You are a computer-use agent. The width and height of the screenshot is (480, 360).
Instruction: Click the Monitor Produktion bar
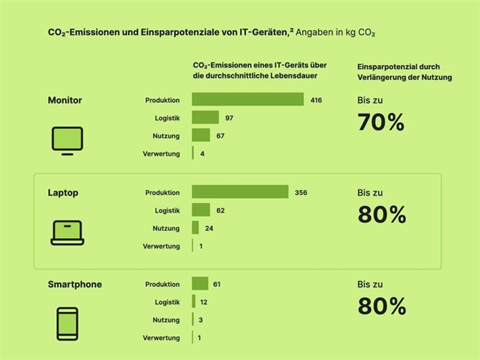coord(247,100)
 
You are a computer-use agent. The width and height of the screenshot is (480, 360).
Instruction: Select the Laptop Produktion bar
coord(240,193)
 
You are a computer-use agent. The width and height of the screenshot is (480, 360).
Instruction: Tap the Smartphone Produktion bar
coord(200,284)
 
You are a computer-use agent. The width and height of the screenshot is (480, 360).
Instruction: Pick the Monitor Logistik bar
coord(206,118)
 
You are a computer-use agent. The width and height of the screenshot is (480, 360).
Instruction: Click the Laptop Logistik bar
coord(201,210)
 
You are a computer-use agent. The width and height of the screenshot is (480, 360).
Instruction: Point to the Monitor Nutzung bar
coord(201,136)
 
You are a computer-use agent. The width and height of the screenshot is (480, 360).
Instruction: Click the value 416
coord(316,100)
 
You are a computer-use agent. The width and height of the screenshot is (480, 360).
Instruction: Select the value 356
coord(301,193)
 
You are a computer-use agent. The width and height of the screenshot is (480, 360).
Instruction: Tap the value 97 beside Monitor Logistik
coord(229,118)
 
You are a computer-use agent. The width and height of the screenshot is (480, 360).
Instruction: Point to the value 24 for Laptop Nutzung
coord(209,228)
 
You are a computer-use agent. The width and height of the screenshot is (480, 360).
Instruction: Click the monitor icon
coord(68,141)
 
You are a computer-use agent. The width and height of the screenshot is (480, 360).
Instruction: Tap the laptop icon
coord(67,233)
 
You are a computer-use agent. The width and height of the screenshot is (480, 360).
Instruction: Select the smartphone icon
coord(67,324)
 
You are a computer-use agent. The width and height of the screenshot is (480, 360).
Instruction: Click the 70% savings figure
coord(381,122)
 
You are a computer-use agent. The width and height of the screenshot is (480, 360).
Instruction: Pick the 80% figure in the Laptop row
coord(381,215)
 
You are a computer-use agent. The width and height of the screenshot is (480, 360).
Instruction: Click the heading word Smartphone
coord(74,284)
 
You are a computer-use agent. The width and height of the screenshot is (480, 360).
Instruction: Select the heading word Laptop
coord(63,193)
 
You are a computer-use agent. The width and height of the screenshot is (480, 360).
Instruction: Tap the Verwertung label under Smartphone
coord(161,338)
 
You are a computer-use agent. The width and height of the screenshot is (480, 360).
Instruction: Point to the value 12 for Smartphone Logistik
coord(203,302)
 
